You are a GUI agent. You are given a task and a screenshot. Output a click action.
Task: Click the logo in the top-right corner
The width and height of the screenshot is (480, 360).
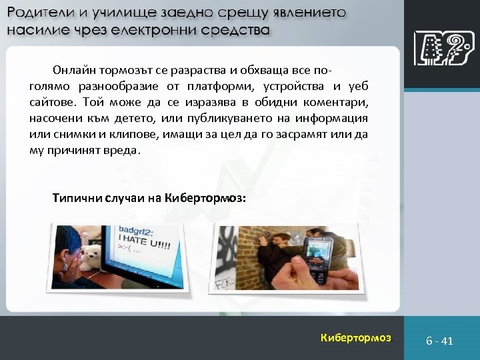pos(440,49)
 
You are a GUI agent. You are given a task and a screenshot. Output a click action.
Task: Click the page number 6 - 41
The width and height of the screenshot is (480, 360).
pos(439,341)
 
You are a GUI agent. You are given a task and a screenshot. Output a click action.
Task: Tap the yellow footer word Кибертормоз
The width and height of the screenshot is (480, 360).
pos(356,337)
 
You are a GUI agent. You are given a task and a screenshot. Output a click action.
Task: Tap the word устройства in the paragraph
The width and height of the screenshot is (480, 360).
pos(293,86)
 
